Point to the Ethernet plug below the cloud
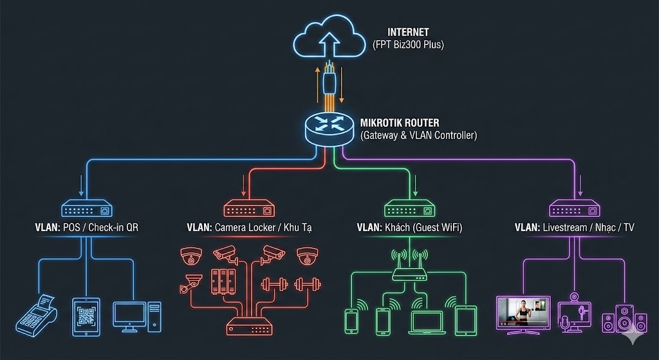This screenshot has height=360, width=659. pos(329,81)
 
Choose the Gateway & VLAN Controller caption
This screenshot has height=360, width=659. pos(419,136)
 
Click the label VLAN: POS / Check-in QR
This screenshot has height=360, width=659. pos(86,227)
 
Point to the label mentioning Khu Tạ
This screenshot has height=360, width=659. pos(250,227)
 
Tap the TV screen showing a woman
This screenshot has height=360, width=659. pos(523,313)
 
